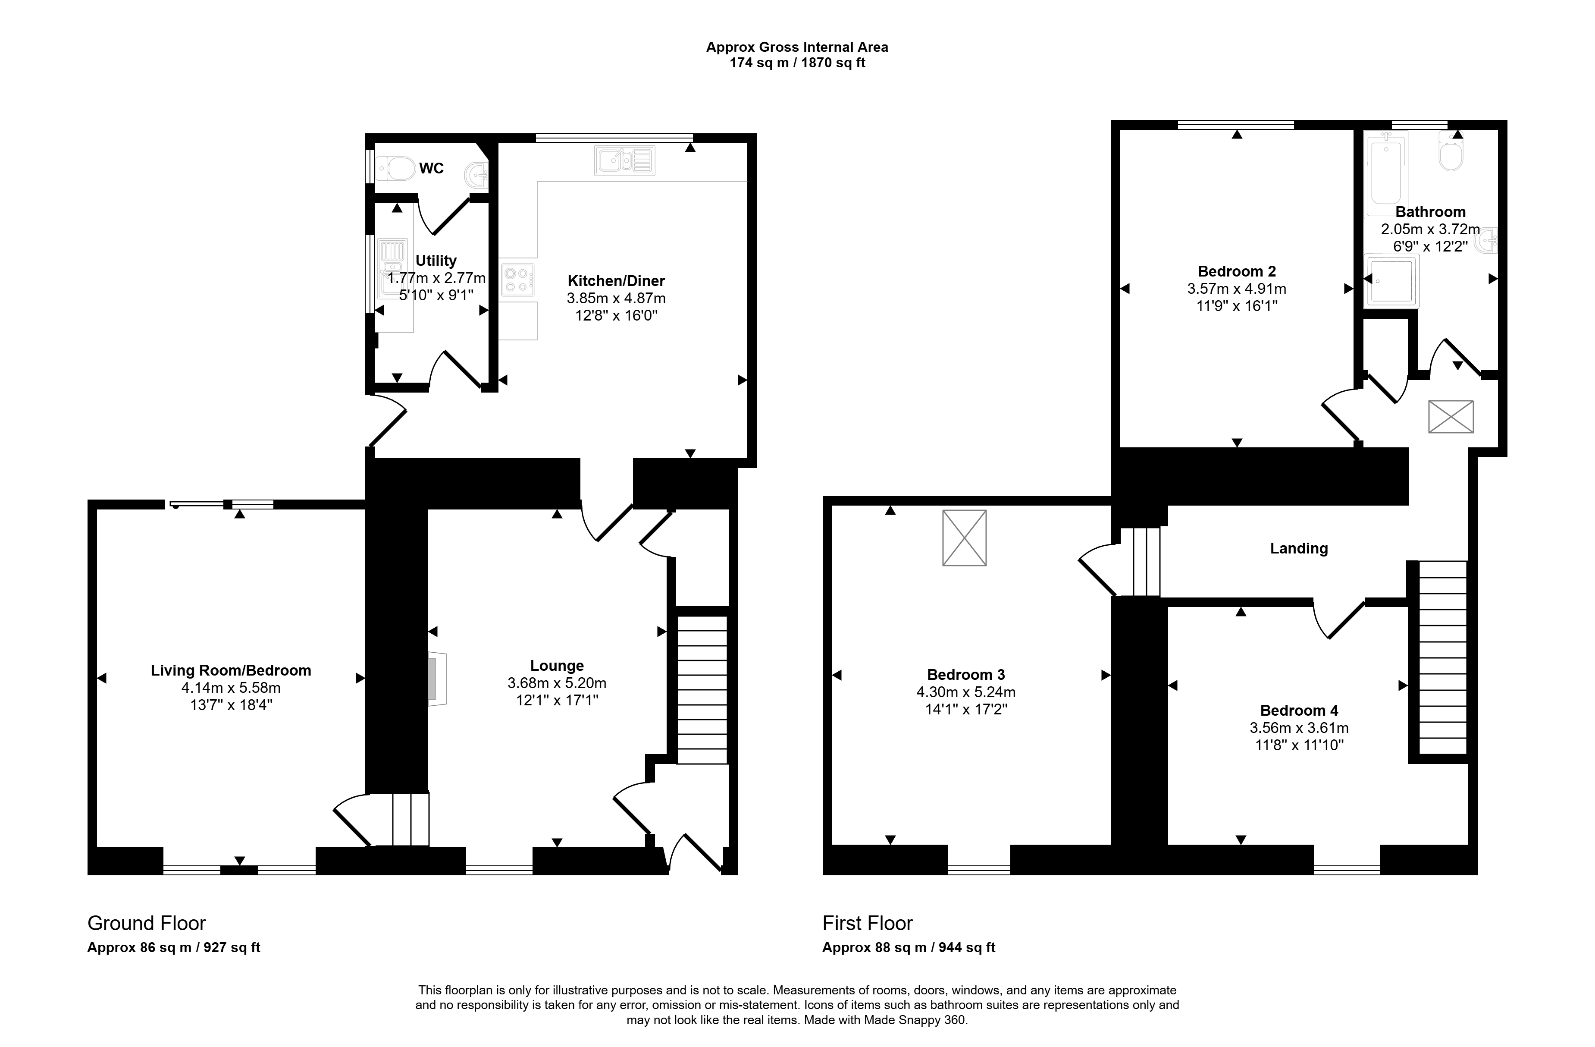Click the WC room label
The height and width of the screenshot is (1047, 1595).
point(432,168)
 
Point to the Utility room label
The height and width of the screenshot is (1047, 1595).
point(436,261)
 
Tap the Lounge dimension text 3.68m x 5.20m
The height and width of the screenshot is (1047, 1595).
point(557,683)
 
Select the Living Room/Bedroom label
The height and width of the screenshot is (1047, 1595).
point(231,670)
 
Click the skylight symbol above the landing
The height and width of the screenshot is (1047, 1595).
point(1451,417)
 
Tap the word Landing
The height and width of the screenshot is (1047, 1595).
point(1299,548)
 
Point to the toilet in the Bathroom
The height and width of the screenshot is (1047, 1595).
point(1451,151)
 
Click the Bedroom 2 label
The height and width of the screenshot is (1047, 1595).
point(1237,271)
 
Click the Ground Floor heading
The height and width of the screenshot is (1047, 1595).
point(147,924)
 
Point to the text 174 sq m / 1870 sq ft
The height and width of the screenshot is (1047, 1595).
point(798,63)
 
